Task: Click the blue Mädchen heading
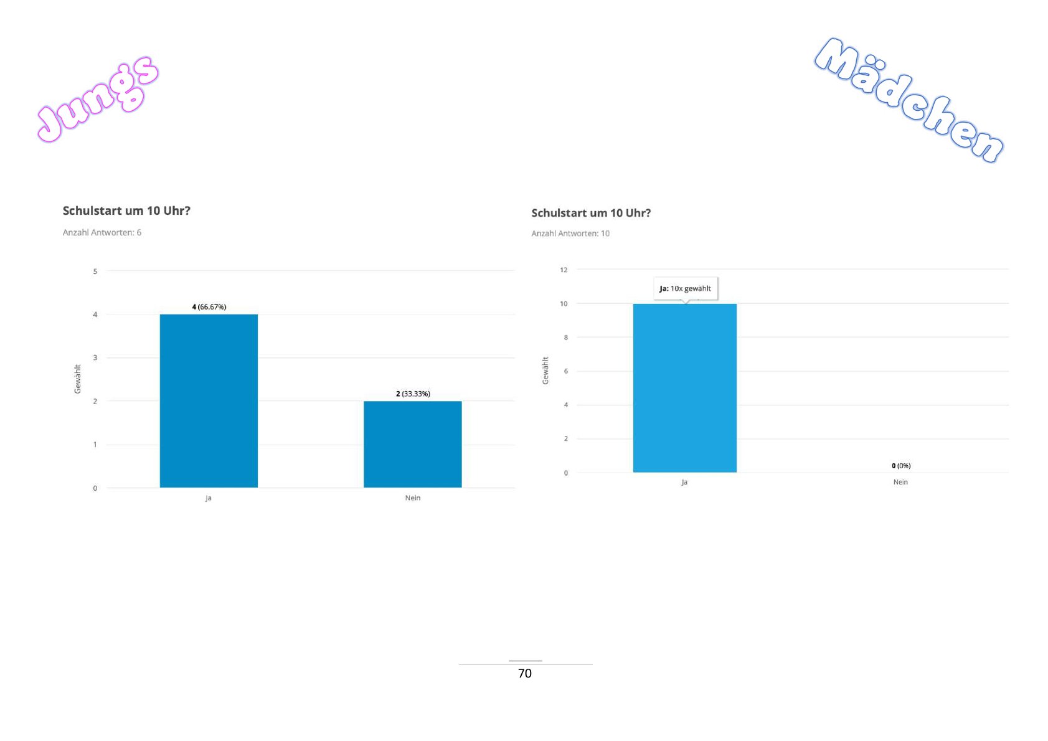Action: click(909, 100)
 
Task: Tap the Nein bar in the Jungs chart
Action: click(412, 444)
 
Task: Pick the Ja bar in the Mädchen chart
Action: click(684, 388)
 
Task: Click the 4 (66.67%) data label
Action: click(209, 307)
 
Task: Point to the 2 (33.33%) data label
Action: click(413, 394)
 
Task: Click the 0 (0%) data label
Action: click(901, 466)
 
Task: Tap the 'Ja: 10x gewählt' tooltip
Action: click(685, 288)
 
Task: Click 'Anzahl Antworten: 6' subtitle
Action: click(102, 232)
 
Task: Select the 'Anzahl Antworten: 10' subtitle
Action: click(570, 234)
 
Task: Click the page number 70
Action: click(525, 673)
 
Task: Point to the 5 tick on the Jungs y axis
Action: click(95, 271)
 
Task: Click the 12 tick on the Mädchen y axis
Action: click(564, 270)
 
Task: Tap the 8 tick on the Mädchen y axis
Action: click(565, 337)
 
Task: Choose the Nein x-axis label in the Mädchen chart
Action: click(900, 482)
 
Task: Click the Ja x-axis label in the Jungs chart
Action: click(209, 498)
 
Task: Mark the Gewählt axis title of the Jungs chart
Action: click(78, 379)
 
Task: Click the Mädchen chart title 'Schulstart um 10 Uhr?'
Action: click(591, 213)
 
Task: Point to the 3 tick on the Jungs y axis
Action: click(95, 357)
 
